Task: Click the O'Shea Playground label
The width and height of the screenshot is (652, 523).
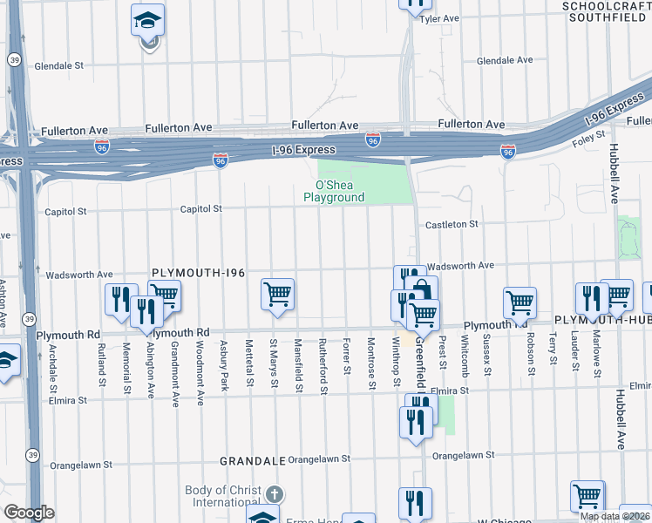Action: (334, 191)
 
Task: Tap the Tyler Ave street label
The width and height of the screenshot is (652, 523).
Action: (439, 18)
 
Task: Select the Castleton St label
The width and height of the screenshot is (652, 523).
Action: (451, 224)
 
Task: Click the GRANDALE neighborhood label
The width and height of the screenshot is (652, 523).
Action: (253, 459)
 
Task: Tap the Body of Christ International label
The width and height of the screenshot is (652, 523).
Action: (222, 496)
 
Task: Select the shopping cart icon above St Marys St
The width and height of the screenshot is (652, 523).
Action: (277, 294)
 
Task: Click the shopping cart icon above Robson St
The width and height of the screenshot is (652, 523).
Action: (520, 302)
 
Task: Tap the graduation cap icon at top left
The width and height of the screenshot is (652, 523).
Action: (147, 19)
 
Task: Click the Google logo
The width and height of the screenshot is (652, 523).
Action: (30, 513)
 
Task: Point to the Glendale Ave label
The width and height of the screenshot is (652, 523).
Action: (505, 60)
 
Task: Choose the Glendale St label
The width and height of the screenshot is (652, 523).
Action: (58, 65)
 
